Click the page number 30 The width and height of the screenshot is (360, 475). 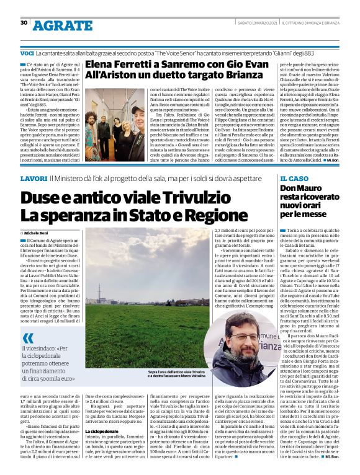coord(24,22)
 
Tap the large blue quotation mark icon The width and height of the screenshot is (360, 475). coord(28,338)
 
